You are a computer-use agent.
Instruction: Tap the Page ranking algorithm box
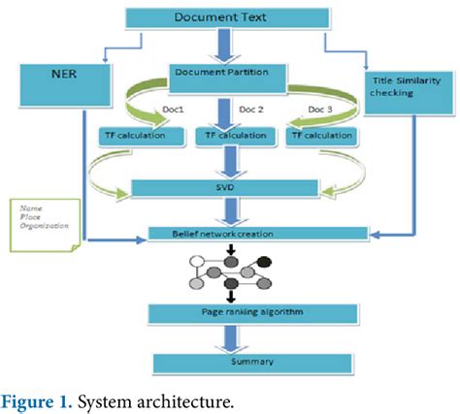(230, 313)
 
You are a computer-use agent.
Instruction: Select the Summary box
(230, 362)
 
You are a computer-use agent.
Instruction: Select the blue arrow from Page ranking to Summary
(230, 337)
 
